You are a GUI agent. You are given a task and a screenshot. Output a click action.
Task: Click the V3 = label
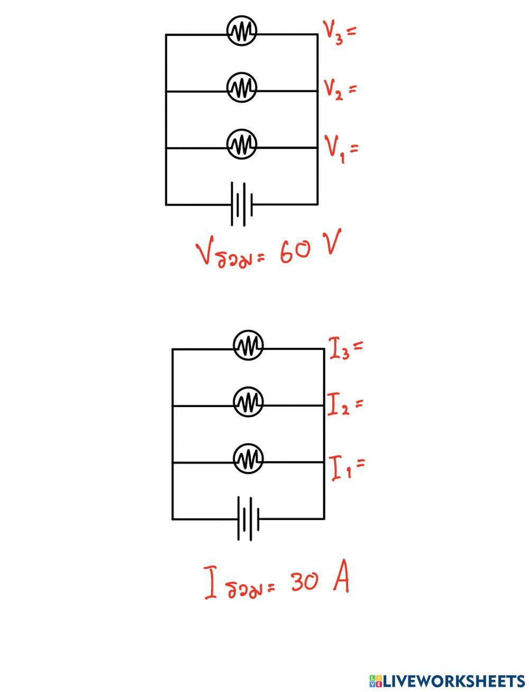coord(340,32)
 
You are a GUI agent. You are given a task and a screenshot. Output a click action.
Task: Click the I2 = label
coord(345,405)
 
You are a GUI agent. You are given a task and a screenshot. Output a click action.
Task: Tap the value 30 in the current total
coord(304,582)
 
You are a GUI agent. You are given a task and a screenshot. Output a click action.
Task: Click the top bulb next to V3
coord(242,31)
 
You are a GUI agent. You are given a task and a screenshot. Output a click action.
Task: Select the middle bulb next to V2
coord(242,87)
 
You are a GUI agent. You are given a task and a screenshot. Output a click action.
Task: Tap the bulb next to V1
coord(242,144)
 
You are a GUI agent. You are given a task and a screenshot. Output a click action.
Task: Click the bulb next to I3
coord(248,346)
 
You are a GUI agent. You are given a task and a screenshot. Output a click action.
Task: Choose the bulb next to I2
coord(248,403)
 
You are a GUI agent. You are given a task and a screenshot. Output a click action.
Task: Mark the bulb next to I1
coord(248,459)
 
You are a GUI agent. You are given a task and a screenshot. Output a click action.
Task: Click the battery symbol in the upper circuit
coord(242,204)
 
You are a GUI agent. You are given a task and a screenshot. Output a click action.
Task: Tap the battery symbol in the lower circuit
coord(248,519)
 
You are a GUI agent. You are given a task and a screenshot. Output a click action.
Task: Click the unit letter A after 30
coord(341,580)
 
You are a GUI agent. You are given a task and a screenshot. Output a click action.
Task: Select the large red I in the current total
coord(211,583)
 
